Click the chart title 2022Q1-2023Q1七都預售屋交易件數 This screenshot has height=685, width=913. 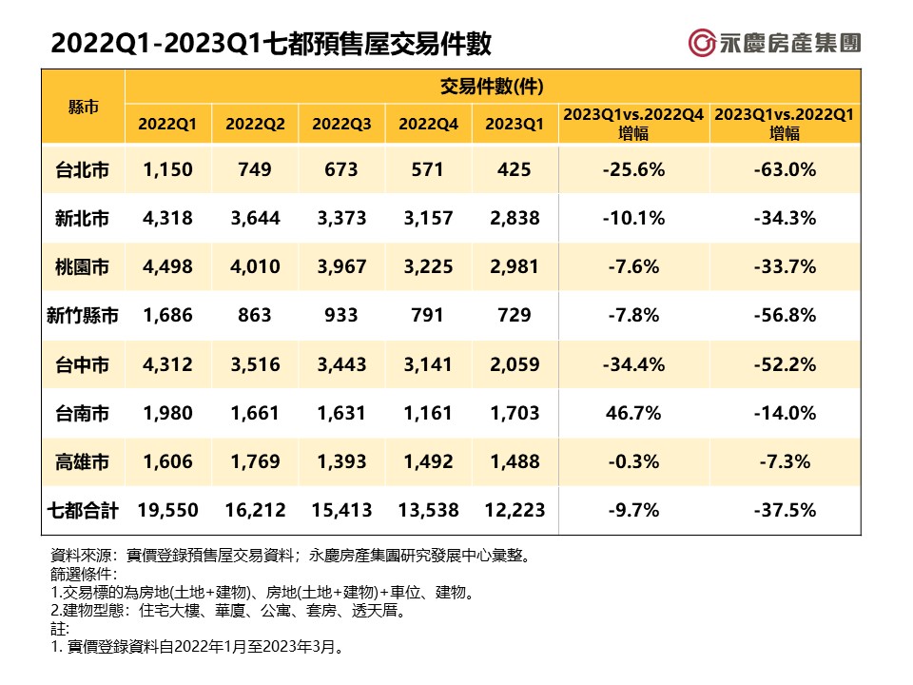click(x=271, y=44)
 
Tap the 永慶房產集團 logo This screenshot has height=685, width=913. click(x=775, y=43)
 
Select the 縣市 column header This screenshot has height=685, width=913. click(x=84, y=106)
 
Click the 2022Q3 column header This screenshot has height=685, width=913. click(x=341, y=125)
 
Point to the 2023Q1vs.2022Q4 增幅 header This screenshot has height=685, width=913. click(x=633, y=125)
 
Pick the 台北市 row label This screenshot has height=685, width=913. click(x=84, y=169)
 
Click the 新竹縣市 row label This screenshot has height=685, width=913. click(x=84, y=316)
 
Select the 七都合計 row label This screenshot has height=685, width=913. click(x=84, y=511)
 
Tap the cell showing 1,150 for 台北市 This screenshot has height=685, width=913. click(x=167, y=169)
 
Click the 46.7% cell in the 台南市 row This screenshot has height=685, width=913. click(x=633, y=413)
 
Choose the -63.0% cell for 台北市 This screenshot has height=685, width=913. click(x=785, y=169)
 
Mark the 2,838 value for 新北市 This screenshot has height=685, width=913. click(x=515, y=219)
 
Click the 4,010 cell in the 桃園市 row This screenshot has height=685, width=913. click(x=254, y=267)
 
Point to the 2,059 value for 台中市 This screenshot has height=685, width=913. click(x=515, y=364)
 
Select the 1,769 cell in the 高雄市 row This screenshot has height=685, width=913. click(x=254, y=461)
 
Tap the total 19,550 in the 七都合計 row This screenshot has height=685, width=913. click(x=167, y=511)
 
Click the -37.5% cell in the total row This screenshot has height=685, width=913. click(x=785, y=511)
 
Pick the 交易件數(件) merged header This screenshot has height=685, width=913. click(x=492, y=88)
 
